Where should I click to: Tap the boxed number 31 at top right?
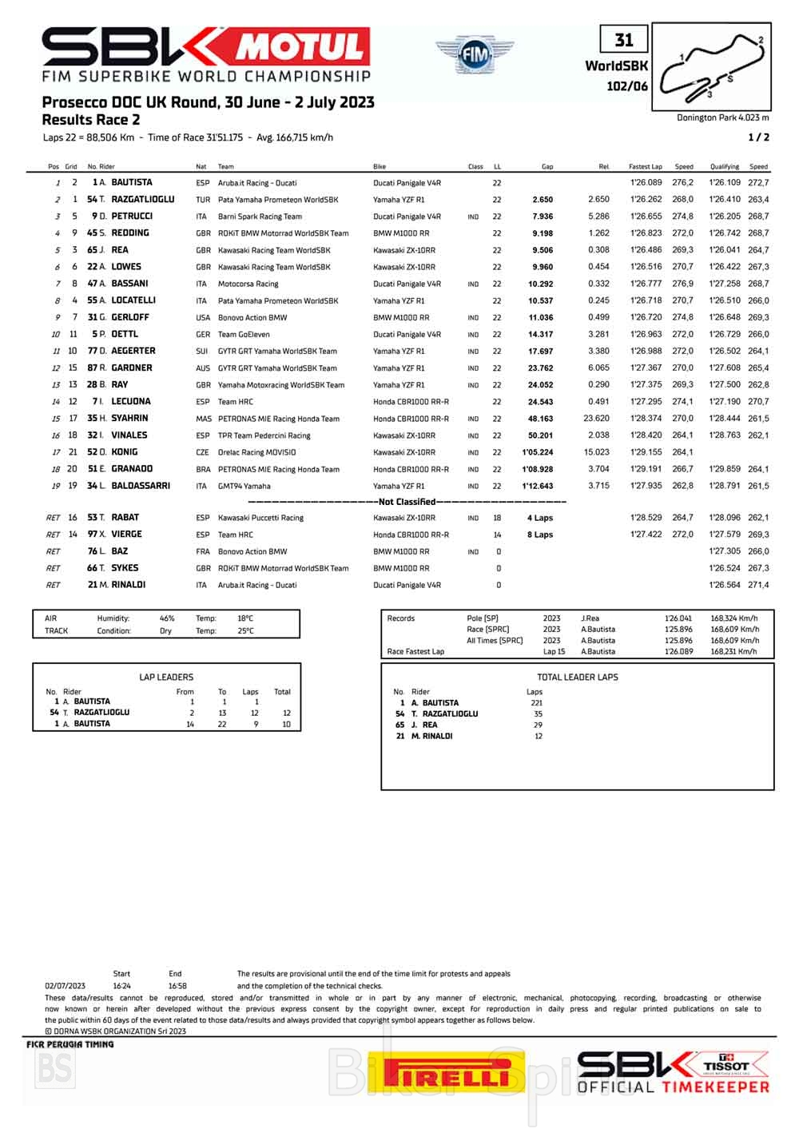point(624,40)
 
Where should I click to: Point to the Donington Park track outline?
point(712,66)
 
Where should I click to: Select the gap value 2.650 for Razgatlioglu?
point(543,200)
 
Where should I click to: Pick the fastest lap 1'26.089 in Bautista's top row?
point(646,183)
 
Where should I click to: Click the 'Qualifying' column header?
point(724,167)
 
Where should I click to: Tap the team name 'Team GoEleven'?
point(244,335)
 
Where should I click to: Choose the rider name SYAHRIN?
point(129,418)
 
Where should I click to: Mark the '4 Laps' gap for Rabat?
point(540,518)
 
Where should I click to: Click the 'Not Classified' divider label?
point(407,502)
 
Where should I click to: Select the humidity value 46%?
point(166,618)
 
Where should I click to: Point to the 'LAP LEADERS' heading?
point(166,677)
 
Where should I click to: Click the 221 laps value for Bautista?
point(536,702)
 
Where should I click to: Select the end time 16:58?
point(177,986)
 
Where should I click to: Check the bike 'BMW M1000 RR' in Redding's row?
point(401,233)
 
